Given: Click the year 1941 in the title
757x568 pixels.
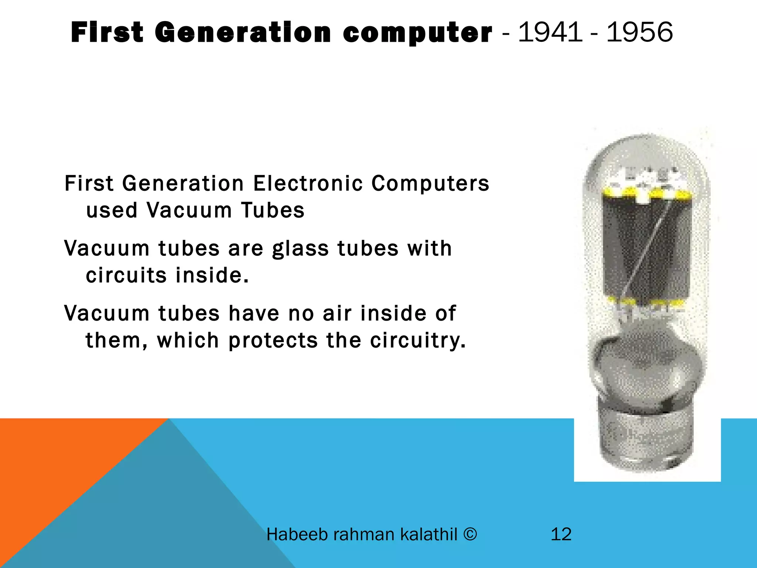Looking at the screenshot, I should [x=550, y=32].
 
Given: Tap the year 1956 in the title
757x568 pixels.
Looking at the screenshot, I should [x=639, y=32].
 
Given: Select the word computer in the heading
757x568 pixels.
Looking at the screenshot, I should [x=417, y=33].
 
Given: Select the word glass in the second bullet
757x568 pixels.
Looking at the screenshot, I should [x=300, y=248].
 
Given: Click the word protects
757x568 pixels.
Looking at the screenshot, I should [x=273, y=341].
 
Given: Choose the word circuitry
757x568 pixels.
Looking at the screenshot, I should [x=418, y=341].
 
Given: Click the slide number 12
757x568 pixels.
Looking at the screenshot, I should [x=561, y=534].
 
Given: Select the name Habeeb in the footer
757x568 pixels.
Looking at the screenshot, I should [x=297, y=534].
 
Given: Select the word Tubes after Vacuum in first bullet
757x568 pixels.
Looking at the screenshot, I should [x=273, y=210].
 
